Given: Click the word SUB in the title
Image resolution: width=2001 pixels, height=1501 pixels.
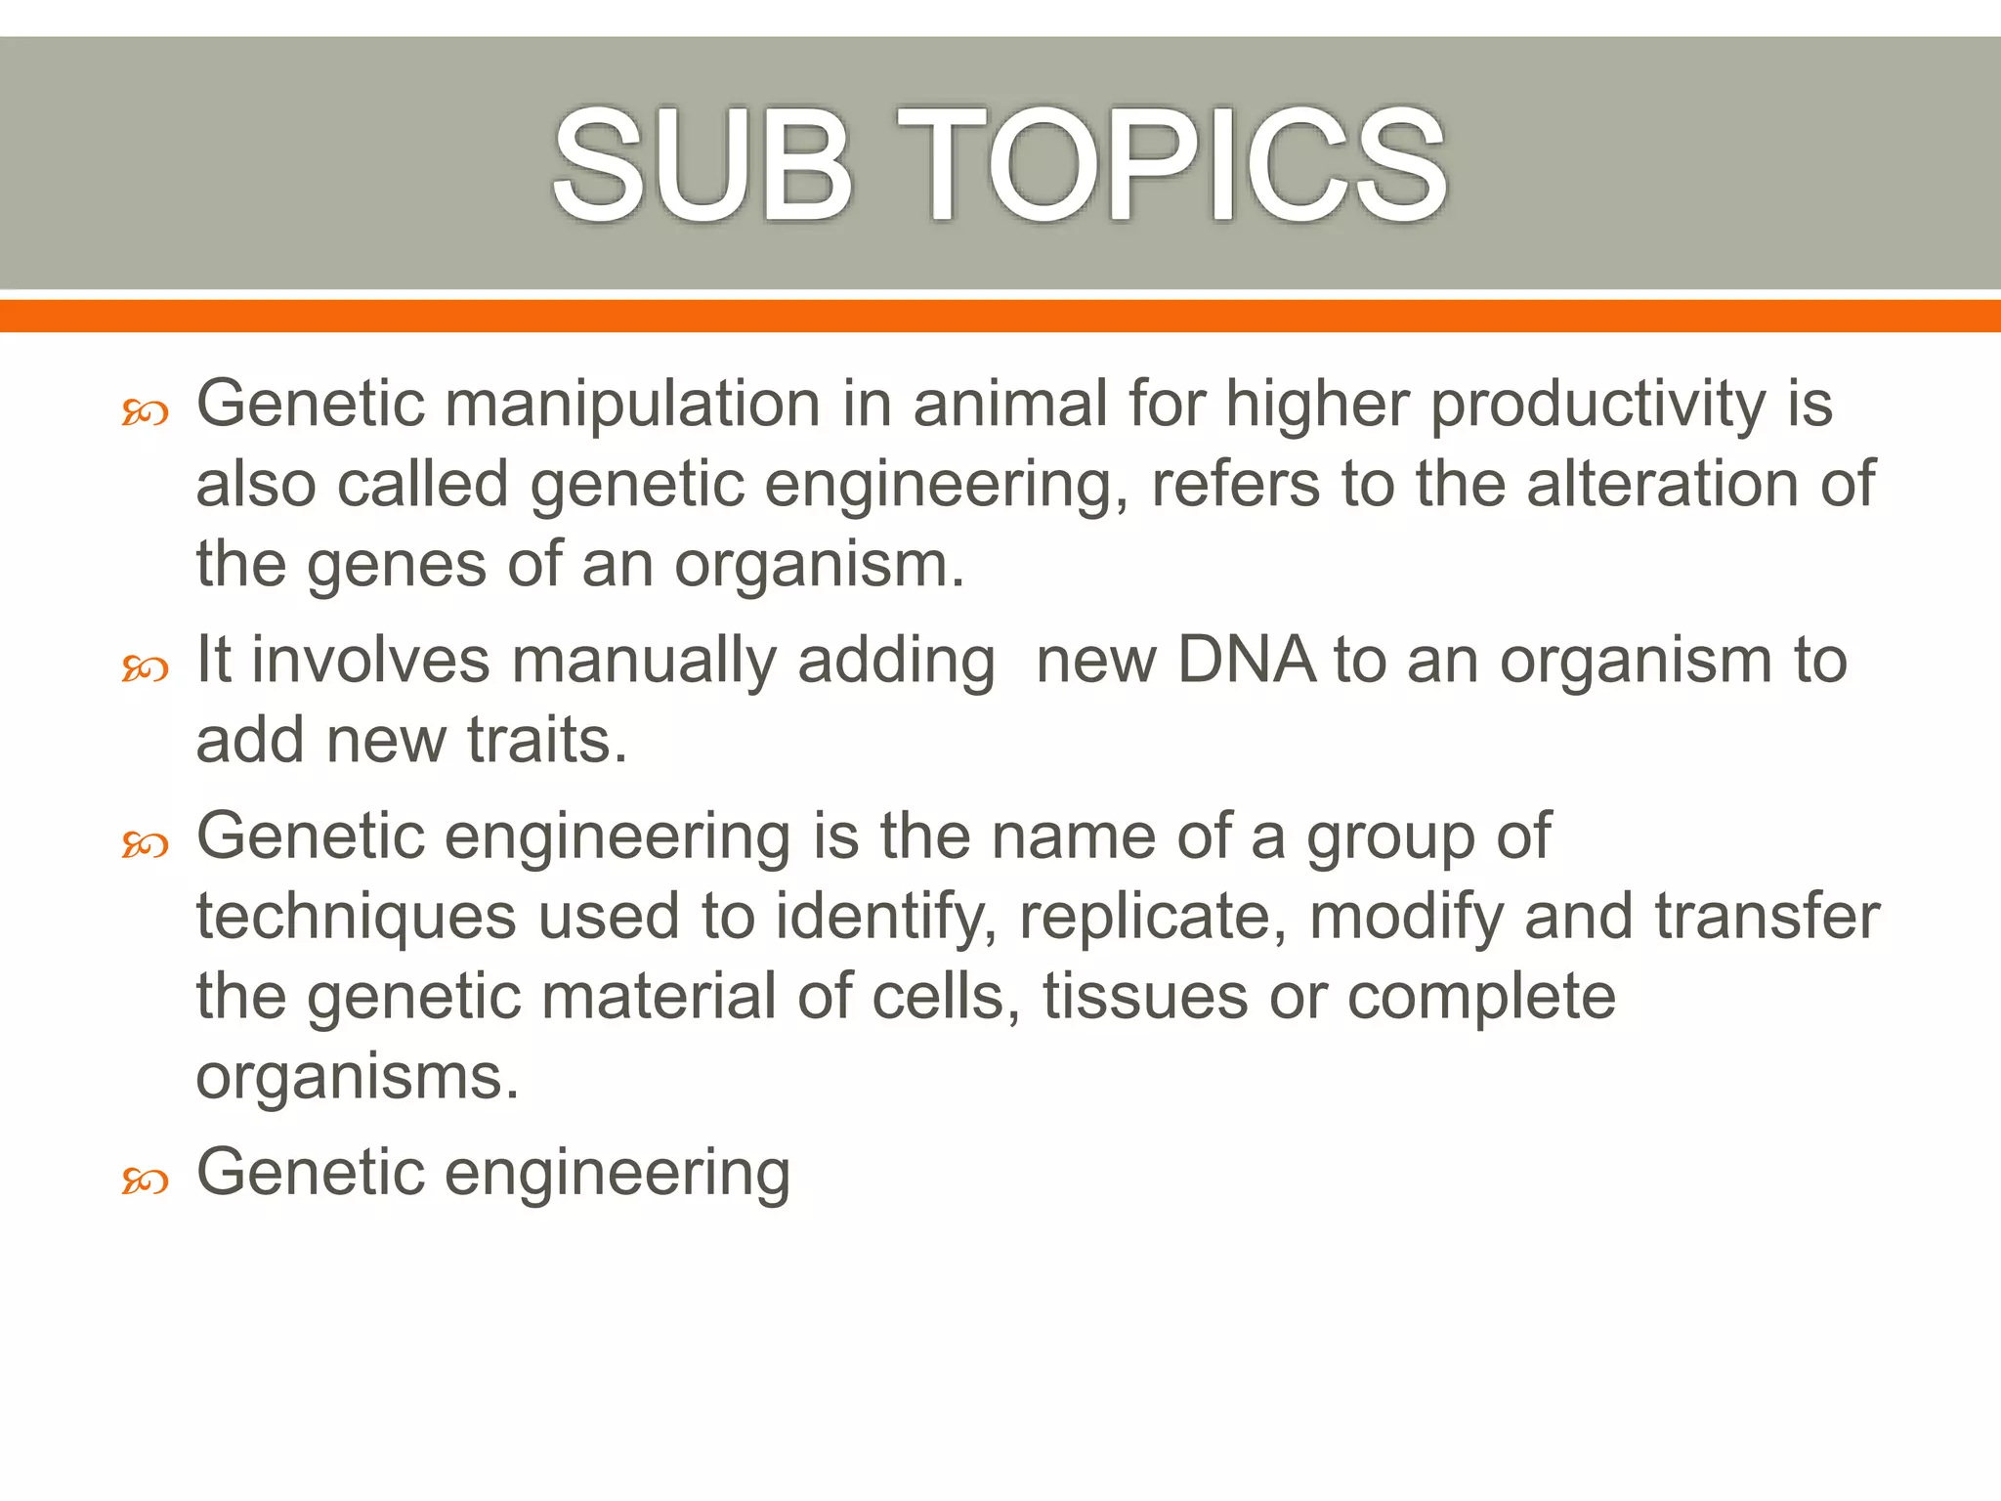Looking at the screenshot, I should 702,166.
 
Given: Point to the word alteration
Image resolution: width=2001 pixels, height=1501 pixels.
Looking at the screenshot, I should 1662,484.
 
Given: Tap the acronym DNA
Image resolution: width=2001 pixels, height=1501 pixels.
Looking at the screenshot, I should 1247,660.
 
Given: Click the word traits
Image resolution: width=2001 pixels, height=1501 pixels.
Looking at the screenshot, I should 546,740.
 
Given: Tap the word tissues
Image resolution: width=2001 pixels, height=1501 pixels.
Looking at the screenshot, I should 1145,997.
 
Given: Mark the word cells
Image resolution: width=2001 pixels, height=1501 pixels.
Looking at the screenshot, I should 939,997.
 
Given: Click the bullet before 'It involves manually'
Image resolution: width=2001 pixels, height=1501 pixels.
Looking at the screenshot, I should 145,669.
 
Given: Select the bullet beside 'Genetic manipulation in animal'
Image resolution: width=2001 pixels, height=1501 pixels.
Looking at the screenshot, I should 145,413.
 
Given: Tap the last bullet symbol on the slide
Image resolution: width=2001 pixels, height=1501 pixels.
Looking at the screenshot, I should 145,1182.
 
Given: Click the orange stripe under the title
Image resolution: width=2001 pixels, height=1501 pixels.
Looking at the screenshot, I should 1000,316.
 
